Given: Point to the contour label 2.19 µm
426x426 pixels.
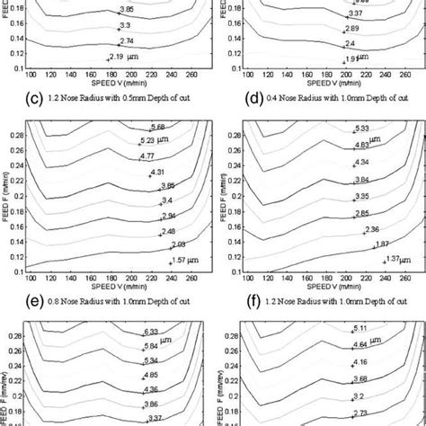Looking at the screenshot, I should point(124,57).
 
